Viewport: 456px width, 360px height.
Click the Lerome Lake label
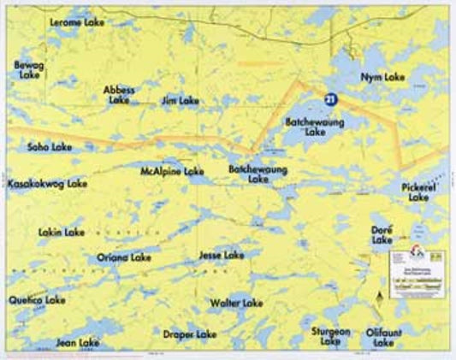[77, 22]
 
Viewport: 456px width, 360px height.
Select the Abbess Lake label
[119, 94]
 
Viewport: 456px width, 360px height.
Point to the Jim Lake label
[180, 101]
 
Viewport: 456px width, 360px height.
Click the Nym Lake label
[382, 77]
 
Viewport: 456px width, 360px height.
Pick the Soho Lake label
[50, 147]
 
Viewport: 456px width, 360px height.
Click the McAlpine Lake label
[172, 172]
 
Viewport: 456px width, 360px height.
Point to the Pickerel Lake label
[418, 192]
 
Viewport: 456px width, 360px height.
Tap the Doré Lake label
[382, 235]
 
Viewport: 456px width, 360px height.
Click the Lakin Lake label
[62, 232]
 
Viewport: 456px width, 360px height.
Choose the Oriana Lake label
[124, 257]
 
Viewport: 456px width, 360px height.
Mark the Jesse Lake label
[221, 255]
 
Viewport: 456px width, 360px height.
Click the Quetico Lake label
[37, 300]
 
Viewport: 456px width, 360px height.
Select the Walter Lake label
[236, 303]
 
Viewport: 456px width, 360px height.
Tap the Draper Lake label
[190, 334]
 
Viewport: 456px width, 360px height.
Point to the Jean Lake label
[78, 343]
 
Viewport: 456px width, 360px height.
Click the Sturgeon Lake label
[331, 336]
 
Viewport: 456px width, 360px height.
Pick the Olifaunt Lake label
[384, 336]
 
